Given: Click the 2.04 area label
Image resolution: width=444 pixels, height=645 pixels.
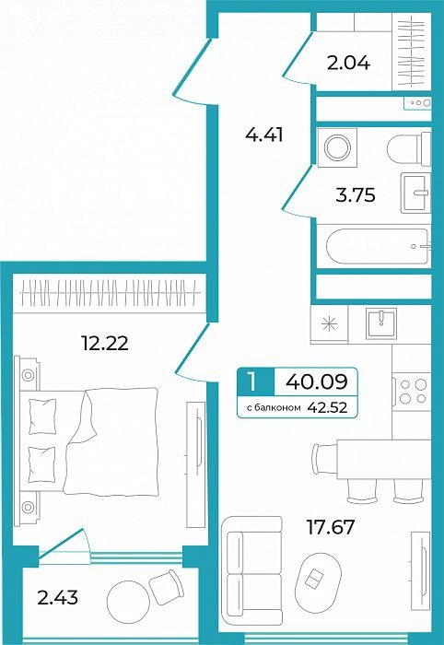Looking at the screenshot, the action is [348, 63].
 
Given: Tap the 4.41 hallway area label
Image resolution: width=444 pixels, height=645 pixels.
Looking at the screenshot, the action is [264, 135].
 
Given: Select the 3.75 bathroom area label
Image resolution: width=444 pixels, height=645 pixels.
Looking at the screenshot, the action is [356, 194].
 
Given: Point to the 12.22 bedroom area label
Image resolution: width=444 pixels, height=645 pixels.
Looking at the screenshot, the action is [105, 343].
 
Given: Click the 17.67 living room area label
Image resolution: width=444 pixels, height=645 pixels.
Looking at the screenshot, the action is [331, 527].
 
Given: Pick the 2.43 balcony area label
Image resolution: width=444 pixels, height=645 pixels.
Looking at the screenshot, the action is [57, 597].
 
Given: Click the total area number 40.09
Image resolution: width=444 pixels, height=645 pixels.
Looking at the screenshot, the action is [317, 381].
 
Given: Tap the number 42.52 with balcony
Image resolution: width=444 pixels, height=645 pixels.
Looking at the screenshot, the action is [327, 407].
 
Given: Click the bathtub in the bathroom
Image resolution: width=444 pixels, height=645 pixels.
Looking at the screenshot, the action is [377, 246].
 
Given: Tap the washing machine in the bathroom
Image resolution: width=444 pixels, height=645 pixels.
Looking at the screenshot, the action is [337, 147].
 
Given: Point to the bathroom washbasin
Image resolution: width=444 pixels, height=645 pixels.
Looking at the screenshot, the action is [415, 193].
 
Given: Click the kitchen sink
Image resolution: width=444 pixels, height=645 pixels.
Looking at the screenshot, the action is [381, 323].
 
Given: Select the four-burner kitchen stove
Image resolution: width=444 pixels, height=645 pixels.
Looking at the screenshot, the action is [412, 392].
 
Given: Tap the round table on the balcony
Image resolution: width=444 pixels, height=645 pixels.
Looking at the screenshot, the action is [128, 602].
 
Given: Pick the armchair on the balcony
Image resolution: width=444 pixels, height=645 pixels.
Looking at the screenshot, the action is [167, 587].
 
